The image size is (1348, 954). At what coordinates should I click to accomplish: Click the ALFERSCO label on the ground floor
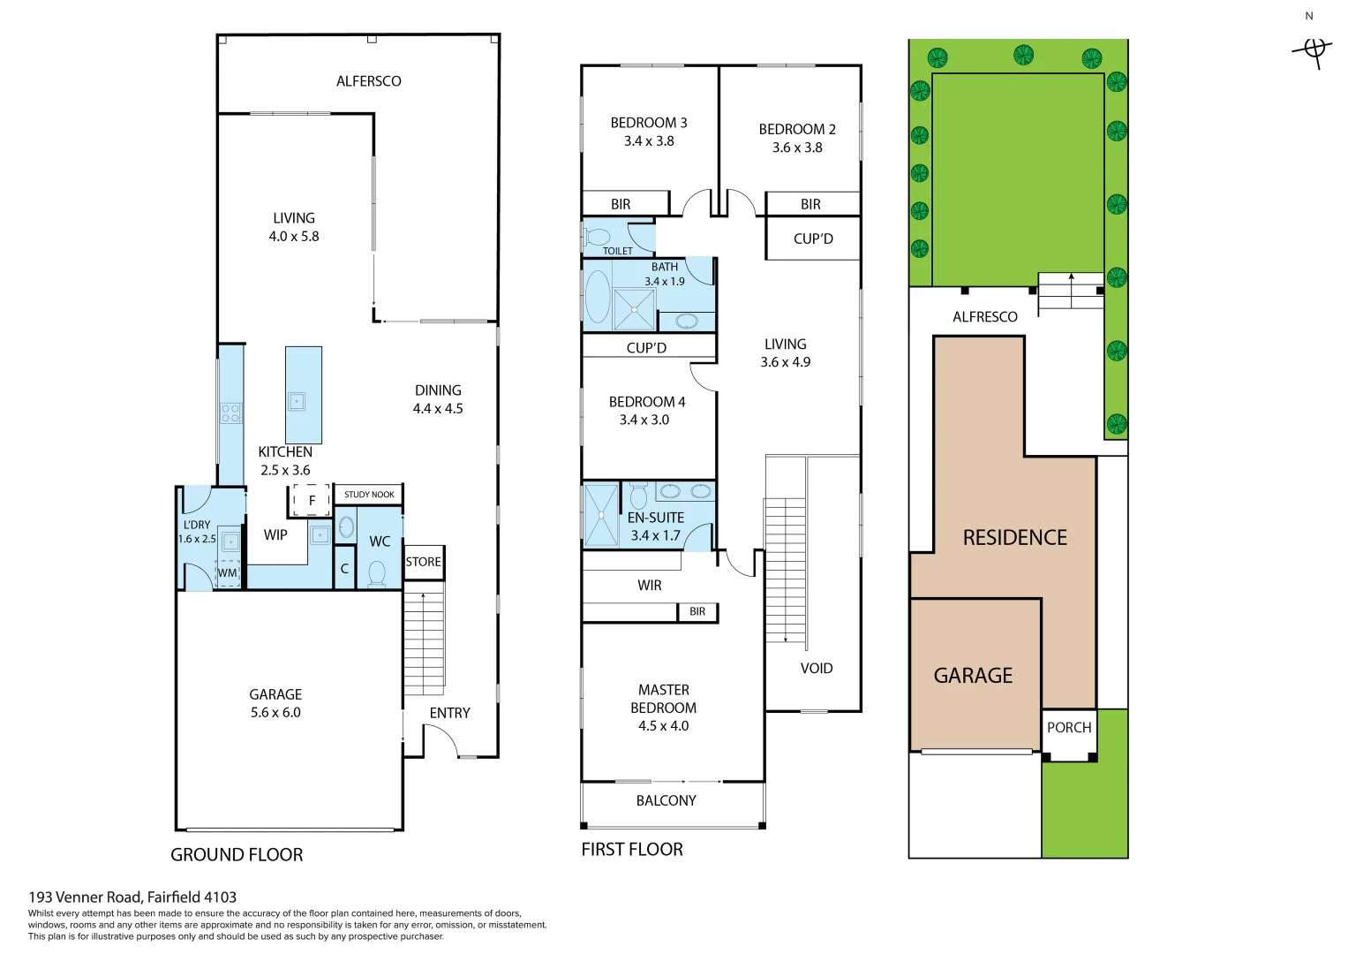tap(368, 81)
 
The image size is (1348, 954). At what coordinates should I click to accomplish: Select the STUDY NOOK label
tap(369, 495)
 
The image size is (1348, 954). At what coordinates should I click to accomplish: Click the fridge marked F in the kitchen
tap(311, 500)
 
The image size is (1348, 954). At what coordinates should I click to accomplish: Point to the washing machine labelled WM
tap(228, 572)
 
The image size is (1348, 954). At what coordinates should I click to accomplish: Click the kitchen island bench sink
tap(297, 402)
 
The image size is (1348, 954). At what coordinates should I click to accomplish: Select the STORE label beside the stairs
tap(423, 562)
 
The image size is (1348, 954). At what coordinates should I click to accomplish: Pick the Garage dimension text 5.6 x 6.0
tap(275, 713)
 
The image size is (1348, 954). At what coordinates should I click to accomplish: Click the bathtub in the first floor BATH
tap(598, 297)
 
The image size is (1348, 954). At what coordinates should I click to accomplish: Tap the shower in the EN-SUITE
tap(601, 515)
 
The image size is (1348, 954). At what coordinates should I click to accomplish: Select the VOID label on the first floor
tap(817, 669)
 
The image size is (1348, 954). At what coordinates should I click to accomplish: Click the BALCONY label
tap(666, 800)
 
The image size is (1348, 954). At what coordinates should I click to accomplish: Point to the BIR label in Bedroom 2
tap(810, 204)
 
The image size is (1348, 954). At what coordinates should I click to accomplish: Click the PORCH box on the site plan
tap(1069, 729)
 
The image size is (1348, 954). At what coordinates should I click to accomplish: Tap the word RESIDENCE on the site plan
tap(1014, 537)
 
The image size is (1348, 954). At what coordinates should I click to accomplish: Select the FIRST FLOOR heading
tap(632, 850)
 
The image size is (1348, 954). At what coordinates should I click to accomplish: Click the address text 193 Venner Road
tap(132, 897)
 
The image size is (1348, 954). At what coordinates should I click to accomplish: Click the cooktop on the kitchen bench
tap(231, 413)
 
